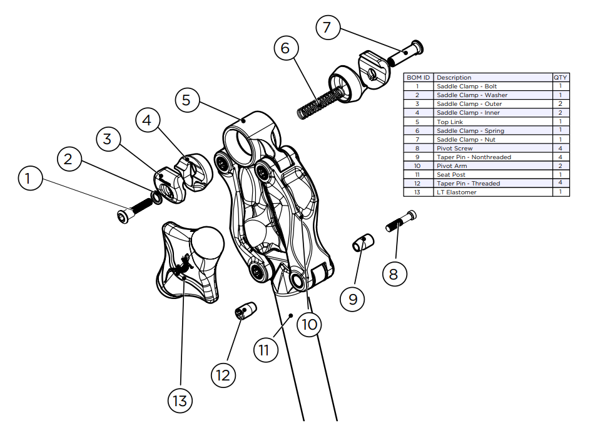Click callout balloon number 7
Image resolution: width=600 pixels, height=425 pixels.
tap(327, 28)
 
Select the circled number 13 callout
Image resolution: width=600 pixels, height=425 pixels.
tap(180, 400)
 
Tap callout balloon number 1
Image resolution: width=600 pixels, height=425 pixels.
tap(28, 179)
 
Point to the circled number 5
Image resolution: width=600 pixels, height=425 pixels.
tap(187, 100)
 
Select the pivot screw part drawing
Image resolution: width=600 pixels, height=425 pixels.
tap(400, 221)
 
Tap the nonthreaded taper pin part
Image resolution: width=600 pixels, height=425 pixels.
tap(362, 241)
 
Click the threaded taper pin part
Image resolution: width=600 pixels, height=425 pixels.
tap(246, 310)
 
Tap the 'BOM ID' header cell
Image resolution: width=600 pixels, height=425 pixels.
tap(418, 77)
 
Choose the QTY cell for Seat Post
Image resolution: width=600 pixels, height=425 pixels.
tap(560, 174)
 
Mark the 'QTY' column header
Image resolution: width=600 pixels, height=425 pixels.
tap(560, 77)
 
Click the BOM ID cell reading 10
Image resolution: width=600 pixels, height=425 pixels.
tap(418, 165)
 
